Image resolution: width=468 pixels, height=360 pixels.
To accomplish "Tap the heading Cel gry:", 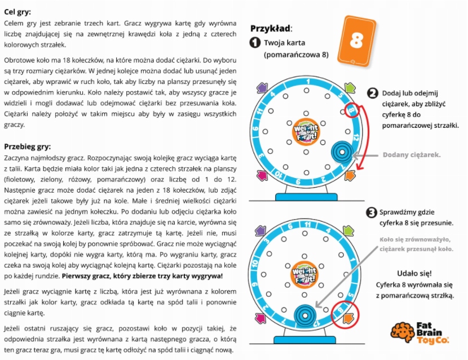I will (17, 11).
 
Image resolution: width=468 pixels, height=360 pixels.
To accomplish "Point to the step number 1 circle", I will (255, 43).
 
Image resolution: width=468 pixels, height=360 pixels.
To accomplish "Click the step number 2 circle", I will (372, 94).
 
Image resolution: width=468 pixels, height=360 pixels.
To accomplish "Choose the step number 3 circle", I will (372, 213).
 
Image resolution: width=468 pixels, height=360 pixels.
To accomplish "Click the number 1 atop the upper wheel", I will (307, 81).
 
